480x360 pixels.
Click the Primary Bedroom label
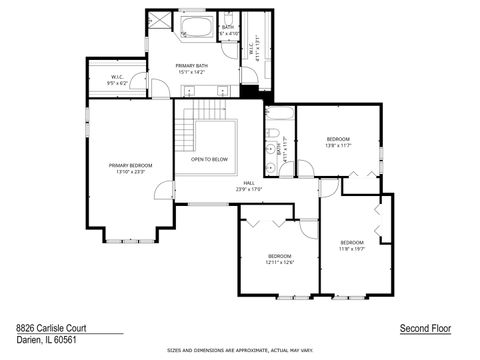tap(131, 168)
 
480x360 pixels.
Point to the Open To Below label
tap(209, 159)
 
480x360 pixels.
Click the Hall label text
tap(248, 186)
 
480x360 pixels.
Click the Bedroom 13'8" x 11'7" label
tap(338, 142)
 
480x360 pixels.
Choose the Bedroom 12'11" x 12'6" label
tap(279, 259)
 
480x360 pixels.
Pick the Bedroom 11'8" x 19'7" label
tap(352, 246)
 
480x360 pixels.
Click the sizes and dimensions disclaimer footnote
tap(240, 351)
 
